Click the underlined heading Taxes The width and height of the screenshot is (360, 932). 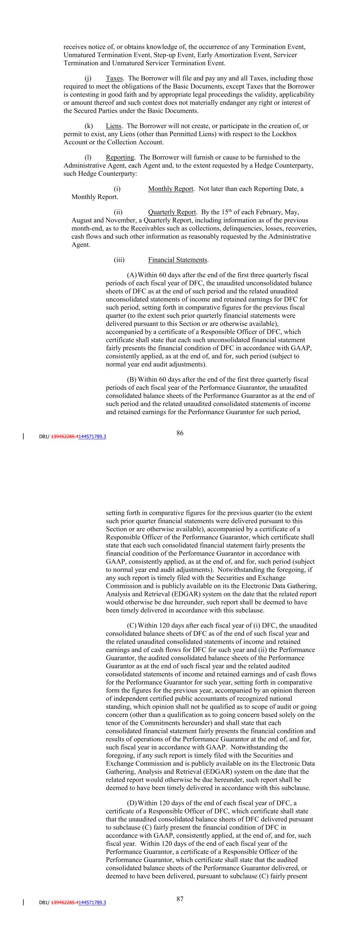[114, 79]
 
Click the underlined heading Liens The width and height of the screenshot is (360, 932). [113, 126]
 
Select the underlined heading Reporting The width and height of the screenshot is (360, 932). [120, 157]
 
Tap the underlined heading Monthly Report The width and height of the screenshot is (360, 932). [170, 189]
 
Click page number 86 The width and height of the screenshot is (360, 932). [180, 433]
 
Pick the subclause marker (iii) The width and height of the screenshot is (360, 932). [119, 260]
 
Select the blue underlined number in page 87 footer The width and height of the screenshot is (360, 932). [92, 903]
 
